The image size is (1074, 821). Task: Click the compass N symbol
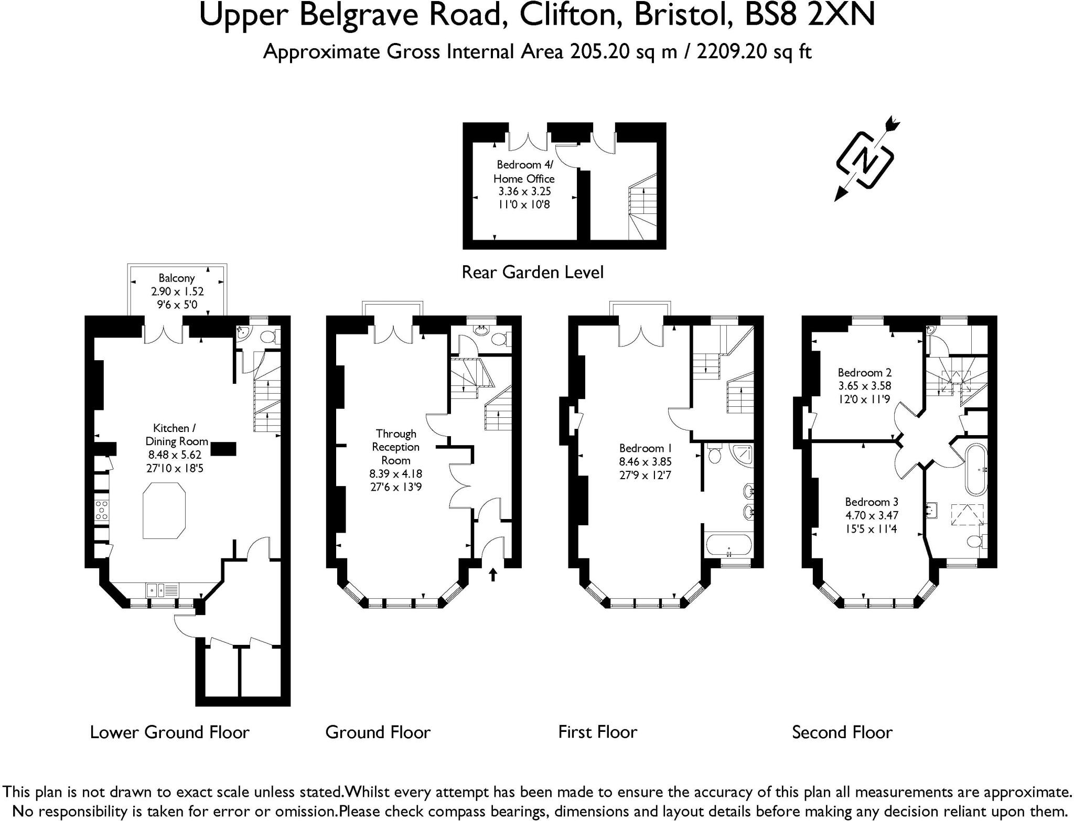click(865, 160)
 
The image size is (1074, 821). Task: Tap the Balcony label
click(177, 278)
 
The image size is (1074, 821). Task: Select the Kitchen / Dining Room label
click(176, 435)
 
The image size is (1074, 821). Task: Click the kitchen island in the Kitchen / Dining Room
click(164, 512)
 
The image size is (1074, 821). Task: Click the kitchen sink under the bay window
click(155, 590)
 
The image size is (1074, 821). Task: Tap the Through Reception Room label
click(396, 447)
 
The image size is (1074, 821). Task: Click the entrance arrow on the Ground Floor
click(493, 575)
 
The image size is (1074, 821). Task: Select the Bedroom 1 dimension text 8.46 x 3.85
click(645, 462)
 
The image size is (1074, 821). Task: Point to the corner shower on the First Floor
click(741, 455)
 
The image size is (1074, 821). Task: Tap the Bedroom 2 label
click(864, 373)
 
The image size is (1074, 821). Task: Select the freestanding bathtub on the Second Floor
click(976, 470)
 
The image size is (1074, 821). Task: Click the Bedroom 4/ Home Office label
click(524, 171)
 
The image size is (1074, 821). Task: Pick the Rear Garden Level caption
click(532, 272)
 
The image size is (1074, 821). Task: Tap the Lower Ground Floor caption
click(169, 732)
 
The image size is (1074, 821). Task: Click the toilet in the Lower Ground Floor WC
click(270, 337)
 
